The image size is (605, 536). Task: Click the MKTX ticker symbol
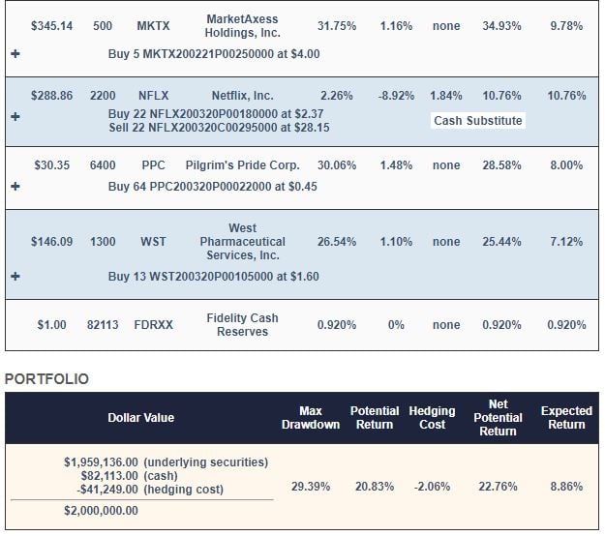pyautogui.click(x=151, y=26)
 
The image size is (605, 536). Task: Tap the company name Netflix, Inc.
pyautogui.click(x=242, y=96)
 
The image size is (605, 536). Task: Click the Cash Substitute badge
pyautogui.click(x=478, y=121)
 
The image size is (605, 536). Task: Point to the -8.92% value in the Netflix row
pyautogui.click(x=396, y=96)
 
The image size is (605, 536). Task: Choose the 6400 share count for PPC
pyautogui.click(x=103, y=165)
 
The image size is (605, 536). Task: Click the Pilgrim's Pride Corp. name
pyautogui.click(x=242, y=165)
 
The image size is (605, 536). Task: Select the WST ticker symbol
pyautogui.click(x=153, y=242)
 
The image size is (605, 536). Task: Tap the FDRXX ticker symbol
pyautogui.click(x=153, y=325)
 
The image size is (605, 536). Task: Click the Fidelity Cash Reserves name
pyautogui.click(x=242, y=325)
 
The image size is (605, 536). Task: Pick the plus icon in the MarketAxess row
pyautogui.click(x=15, y=54)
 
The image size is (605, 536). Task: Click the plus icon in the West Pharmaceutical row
pyautogui.click(x=15, y=277)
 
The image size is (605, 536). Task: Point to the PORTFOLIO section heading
pyautogui.click(x=46, y=379)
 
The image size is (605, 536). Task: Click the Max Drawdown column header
pyautogui.click(x=310, y=418)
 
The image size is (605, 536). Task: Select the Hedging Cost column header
pyautogui.click(x=432, y=418)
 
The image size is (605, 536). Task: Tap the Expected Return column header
pyautogui.click(x=566, y=418)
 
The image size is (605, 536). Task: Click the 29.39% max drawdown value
pyautogui.click(x=310, y=486)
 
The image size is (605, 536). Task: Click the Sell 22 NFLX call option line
pyautogui.click(x=218, y=127)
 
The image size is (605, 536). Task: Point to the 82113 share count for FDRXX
pyautogui.click(x=103, y=325)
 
